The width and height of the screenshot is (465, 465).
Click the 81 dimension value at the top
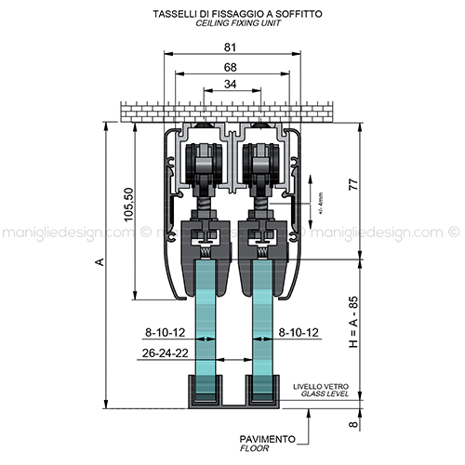pyautogui.click(x=230, y=47)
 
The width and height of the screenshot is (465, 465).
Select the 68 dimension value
pyautogui.click(x=230, y=67)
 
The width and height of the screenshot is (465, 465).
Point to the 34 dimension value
pyautogui.click(x=230, y=84)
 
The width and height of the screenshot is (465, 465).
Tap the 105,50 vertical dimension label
pyautogui.click(x=128, y=205)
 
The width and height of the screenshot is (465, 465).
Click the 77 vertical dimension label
pyautogui.click(x=353, y=184)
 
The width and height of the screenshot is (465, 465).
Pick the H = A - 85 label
pyautogui.click(x=353, y=322)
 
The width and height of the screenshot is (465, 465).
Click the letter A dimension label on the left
pyautogui.click(x=100, y=262)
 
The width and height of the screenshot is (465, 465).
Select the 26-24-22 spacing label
pyautogui.click(x=166, y=352)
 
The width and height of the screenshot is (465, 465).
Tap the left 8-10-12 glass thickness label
pyautogui.click(x=166, y=333)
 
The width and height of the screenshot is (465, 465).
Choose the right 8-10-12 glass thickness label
pyautogui.click(x=299, y=333)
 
